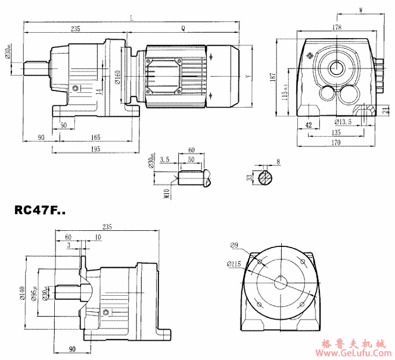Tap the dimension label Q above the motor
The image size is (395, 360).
[x=182, y=29]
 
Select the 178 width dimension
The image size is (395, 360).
[x=337, y=27]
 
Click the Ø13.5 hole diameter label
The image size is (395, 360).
[x=343, y=122]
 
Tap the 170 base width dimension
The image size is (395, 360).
[x=337, y=142]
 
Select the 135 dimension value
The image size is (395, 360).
[x=337, y=132]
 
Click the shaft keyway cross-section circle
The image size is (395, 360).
[x=266, y=177]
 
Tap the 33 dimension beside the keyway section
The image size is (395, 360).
[x=248, y=177]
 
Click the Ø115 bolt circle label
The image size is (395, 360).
[x=235, y=264]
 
